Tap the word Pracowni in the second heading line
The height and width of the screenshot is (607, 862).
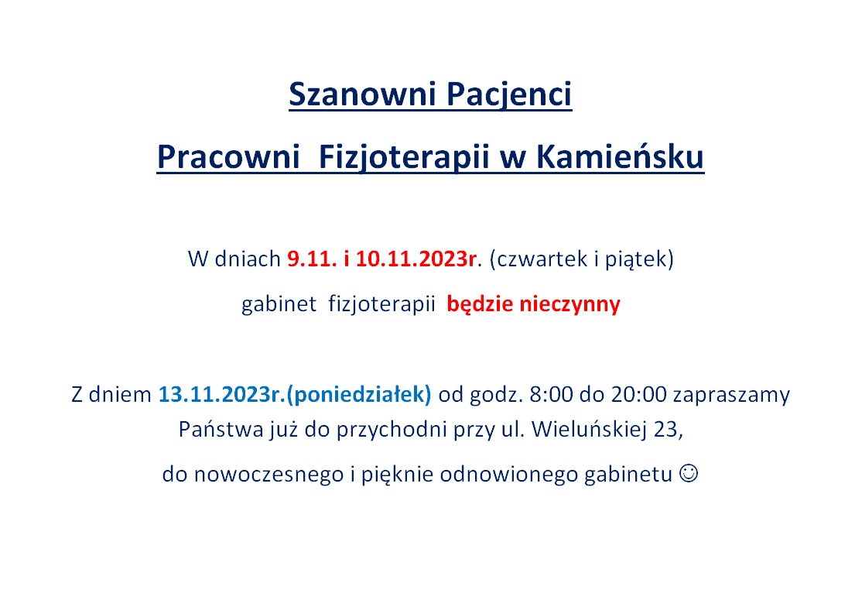click(x=228, y=156)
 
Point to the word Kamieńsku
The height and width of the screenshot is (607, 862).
click(x=620, y=156)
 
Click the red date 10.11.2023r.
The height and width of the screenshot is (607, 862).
click(x=416, y=259)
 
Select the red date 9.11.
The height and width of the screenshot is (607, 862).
click(x=312, y=259)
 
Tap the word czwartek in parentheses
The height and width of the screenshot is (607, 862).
click(x=539, y=259)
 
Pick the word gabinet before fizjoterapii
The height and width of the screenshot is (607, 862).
click(x=279, y=304)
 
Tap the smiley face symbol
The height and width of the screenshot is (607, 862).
click(x=689, y=473)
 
